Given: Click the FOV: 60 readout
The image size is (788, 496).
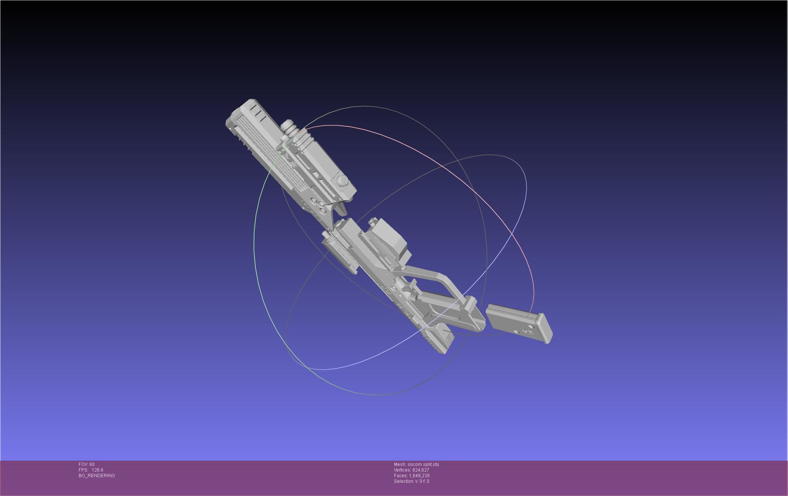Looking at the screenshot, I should [x=86, y=464].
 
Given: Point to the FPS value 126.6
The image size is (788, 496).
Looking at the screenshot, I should [x=97, y=470].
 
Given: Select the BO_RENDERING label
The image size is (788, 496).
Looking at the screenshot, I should [x=97, y=476].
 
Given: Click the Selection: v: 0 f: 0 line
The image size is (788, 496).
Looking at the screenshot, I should [x=411, y=481].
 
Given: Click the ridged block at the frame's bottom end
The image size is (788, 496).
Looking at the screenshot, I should [x=440, y=340].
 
